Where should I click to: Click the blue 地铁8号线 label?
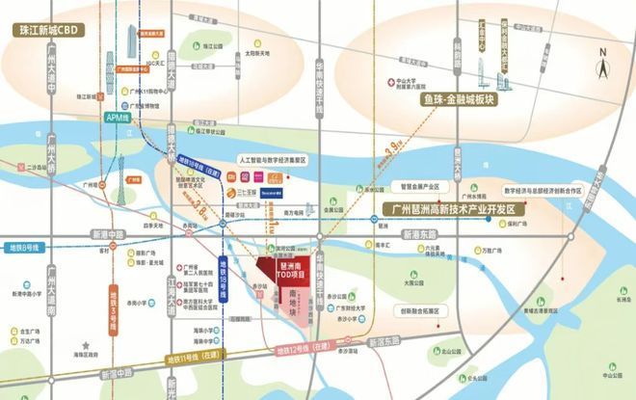point(20,248)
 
